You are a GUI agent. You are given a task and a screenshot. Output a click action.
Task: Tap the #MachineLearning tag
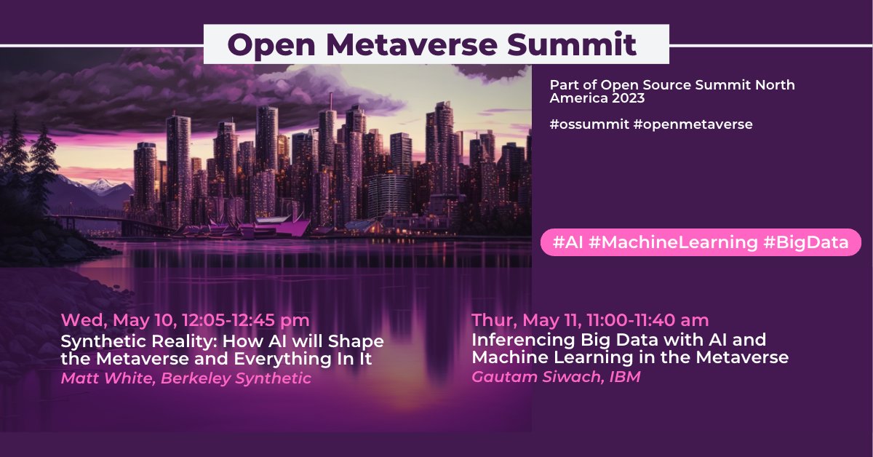(673, 243)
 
